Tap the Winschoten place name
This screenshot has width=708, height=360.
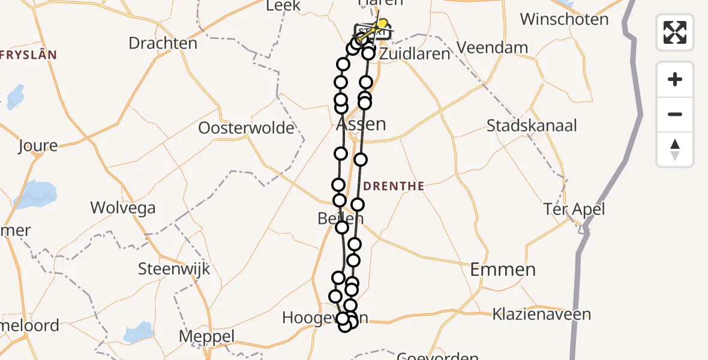pos(564,19)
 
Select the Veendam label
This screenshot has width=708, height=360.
pos(492,47)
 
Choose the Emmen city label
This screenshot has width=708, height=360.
pos(502,269)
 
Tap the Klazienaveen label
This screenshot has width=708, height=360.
pos(541,314)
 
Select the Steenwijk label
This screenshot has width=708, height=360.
pos(174,268)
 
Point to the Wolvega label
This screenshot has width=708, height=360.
pos(123,208)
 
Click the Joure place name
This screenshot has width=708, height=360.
pos(38,146)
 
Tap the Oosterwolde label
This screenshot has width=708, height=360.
pos(247,128)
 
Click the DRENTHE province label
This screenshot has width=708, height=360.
pos(393,187)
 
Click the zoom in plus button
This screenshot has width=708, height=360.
pos(675,79)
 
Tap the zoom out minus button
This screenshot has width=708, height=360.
pos(675,114)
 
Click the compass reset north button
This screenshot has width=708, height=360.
pos(675,149)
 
